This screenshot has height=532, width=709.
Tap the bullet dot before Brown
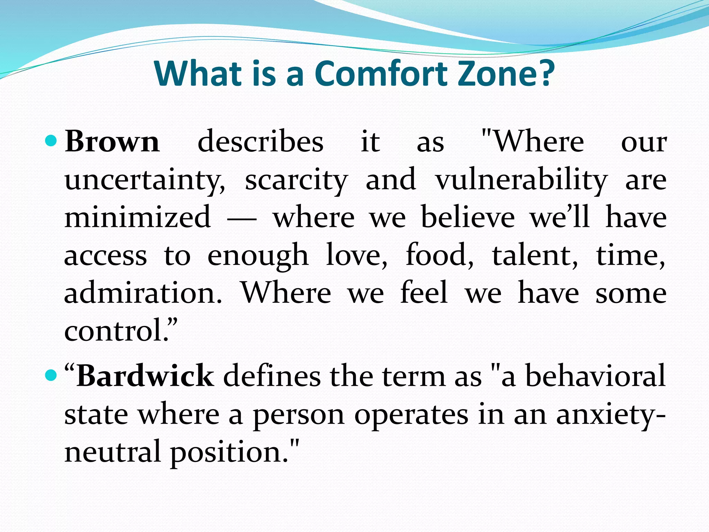[x=51, y=141]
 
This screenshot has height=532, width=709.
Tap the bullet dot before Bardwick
[x=51, y=375]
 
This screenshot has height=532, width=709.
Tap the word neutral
[x=113, y=452]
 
